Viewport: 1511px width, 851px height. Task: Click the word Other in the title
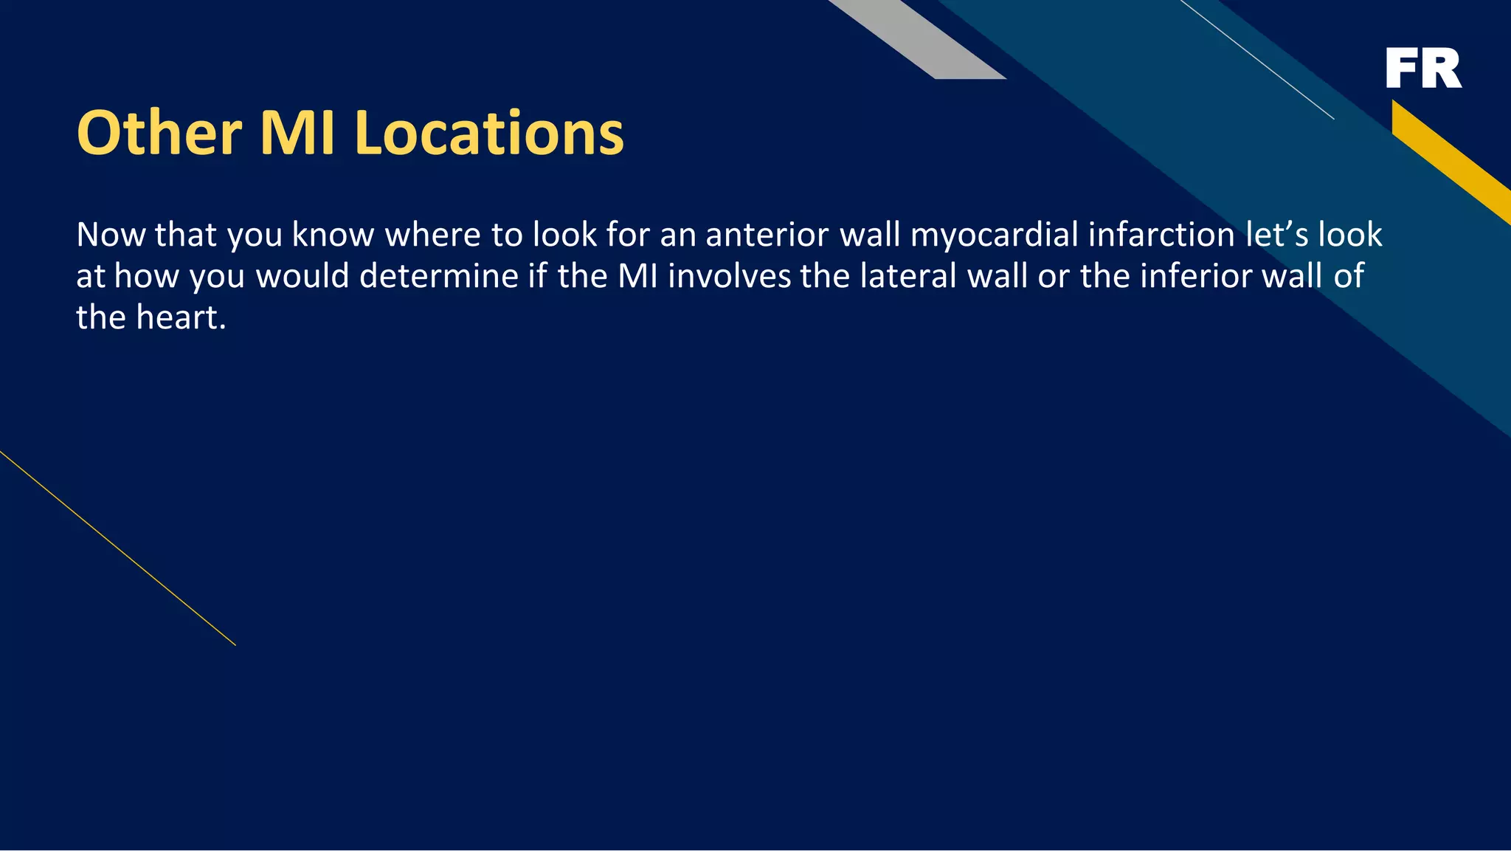[159, 133]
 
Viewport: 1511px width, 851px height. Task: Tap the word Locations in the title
[489, 133]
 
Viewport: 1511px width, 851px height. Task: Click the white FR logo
[1423, 68]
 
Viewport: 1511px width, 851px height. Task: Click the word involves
[729, 276]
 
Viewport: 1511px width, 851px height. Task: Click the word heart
[180, 317]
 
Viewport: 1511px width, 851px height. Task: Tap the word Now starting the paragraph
[111, 235]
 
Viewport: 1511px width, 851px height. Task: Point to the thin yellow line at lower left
[118, 548]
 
